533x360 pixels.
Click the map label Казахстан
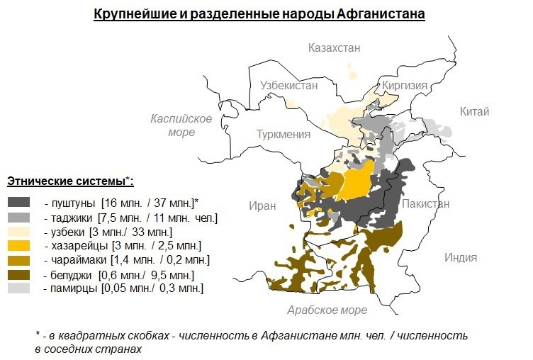pos(334,48)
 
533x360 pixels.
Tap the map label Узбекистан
pos(288,84)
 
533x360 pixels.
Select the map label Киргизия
pos(405,86)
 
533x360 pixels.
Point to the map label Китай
pos(474,111)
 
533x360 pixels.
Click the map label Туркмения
pos(284,135)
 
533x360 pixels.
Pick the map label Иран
pos(262,206)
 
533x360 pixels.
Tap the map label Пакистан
pos(425,203)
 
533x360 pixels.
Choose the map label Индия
pos(461,257)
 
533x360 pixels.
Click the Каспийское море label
pos(181,125)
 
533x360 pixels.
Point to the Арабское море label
pos(327,310)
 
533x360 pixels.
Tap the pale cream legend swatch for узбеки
pos(19,232)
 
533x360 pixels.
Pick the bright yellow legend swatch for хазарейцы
pos(19,246)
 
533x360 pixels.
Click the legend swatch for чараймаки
pos(19,260)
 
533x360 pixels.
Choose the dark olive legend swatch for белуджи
pos(19,274)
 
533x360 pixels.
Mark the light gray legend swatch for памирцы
pos(19,288)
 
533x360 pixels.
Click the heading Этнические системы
pos(69,180)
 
